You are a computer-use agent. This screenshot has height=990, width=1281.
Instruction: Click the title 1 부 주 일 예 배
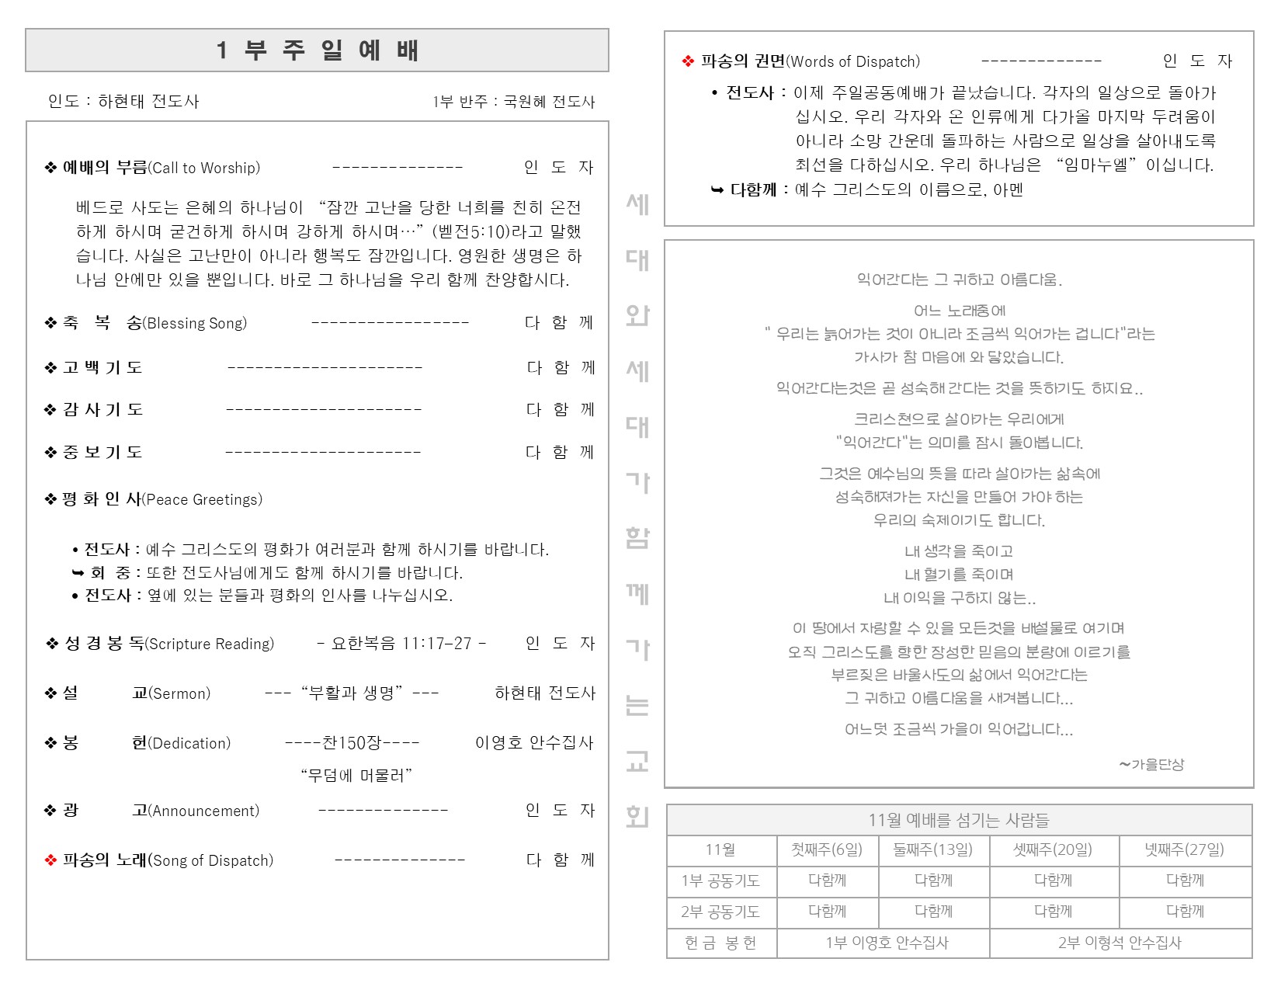[317, 50]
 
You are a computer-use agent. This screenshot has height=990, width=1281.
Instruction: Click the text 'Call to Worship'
[204, 168]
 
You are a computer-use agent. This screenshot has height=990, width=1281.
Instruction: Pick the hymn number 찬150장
[352, 743]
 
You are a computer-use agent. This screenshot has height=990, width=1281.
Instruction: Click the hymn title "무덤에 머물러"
[356, 775]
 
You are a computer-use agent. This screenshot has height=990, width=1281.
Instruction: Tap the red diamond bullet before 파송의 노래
[51, 860]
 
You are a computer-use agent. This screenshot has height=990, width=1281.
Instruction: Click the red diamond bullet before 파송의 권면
[687, 61]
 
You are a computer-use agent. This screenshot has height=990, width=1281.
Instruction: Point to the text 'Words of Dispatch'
[853, 61]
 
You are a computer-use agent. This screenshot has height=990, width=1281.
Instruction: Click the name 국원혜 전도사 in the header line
[549, 102]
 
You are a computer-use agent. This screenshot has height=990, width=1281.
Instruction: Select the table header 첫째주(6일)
[827, 850]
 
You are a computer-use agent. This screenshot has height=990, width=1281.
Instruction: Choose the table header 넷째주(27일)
[1185, 850]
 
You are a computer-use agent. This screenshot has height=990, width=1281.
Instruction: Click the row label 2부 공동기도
[720, 912]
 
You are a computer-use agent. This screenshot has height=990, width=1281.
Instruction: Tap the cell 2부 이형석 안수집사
[1120, 943]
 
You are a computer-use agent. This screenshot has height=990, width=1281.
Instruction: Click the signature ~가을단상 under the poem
[1151, 764]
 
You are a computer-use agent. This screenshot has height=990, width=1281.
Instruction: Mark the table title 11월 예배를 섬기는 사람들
[959, 820]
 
